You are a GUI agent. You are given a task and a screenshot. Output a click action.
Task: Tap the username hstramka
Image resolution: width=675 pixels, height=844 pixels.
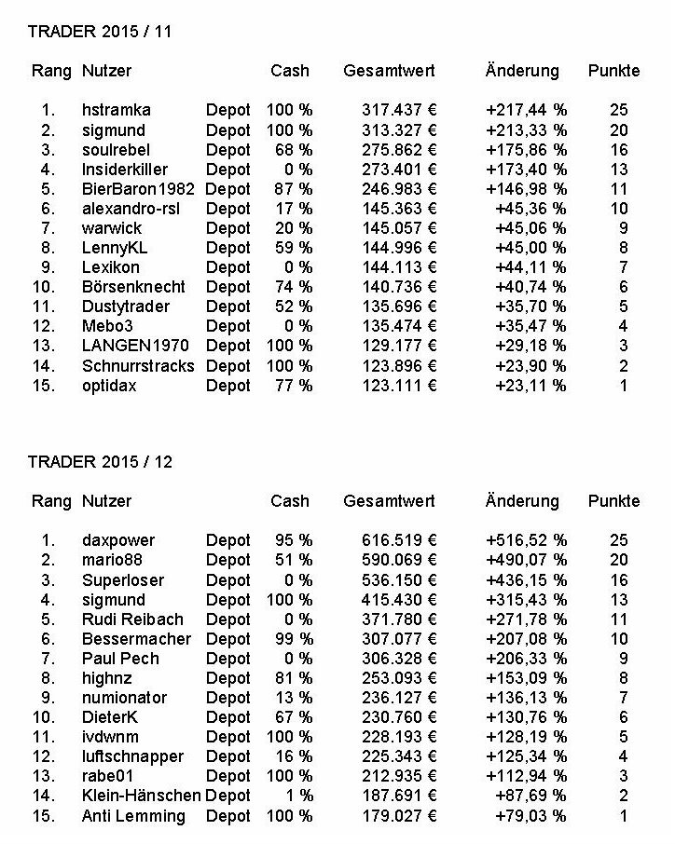click(117, 110)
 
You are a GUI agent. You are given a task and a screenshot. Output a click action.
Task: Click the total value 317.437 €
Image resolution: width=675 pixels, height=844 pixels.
click(399, 110)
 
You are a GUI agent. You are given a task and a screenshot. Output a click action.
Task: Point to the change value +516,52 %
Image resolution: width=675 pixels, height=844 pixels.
click(526, 540)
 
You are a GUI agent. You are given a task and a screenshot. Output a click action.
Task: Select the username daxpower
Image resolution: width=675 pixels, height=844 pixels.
click(118, 540)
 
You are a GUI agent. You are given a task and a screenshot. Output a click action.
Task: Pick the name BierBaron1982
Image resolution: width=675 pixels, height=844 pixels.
click(138, 189)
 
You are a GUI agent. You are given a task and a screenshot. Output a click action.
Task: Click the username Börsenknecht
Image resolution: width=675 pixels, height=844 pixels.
click(133, 287)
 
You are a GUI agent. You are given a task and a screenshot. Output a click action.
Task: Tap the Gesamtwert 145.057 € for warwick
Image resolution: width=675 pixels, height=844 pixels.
click(399, 228)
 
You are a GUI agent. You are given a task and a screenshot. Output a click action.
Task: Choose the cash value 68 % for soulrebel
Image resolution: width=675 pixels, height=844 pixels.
click(290, 150)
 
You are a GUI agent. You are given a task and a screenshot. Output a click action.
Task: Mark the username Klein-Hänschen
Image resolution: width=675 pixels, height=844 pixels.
click(141, 796)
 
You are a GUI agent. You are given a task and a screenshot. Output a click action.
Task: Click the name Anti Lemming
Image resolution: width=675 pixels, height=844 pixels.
click(133, 816)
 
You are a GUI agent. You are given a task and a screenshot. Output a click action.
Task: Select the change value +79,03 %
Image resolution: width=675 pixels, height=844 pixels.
click(530, 816)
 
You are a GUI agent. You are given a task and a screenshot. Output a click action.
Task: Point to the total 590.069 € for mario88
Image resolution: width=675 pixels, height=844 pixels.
click(399, 560)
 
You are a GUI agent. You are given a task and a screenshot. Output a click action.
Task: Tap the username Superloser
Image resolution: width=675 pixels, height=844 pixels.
click(123, 579)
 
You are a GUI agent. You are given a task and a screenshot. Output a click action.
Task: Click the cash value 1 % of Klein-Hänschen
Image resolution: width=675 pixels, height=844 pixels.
click(297, 796)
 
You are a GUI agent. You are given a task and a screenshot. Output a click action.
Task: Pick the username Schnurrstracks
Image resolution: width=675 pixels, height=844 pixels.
click(138, 365)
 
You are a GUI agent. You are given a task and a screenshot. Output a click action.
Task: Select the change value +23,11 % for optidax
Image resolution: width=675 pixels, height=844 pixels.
click(530, 386)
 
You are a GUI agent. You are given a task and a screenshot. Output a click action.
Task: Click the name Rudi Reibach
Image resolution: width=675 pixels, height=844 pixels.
click(132, 619)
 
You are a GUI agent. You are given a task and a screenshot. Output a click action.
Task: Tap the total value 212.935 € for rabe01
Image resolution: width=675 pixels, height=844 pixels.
click(399, 776)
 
